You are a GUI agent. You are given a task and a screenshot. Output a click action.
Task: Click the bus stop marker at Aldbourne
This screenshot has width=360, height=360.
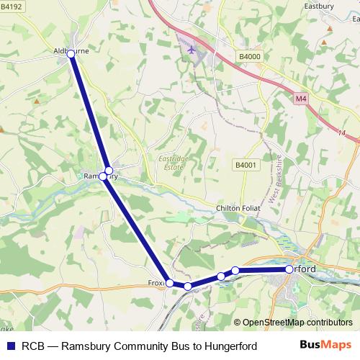pos(71,53)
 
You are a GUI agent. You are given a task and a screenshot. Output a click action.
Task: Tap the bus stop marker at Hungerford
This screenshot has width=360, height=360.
pos(289,269)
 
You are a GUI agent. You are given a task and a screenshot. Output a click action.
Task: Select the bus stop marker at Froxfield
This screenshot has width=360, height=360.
pos(170,283)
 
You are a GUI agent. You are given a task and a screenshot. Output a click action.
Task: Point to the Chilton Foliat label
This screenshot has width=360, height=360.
pos(236,208)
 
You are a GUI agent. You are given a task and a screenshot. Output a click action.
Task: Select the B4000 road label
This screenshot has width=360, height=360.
pos(250,55)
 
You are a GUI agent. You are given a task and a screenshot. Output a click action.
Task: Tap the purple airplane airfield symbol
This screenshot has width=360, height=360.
pos(191,50)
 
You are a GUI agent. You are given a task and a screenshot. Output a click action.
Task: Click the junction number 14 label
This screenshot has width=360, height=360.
pos(341,133)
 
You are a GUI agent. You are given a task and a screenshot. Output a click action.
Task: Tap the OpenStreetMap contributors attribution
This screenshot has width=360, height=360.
pos(297,323)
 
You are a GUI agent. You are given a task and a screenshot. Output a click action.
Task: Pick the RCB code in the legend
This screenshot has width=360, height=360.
pos(34,346)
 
